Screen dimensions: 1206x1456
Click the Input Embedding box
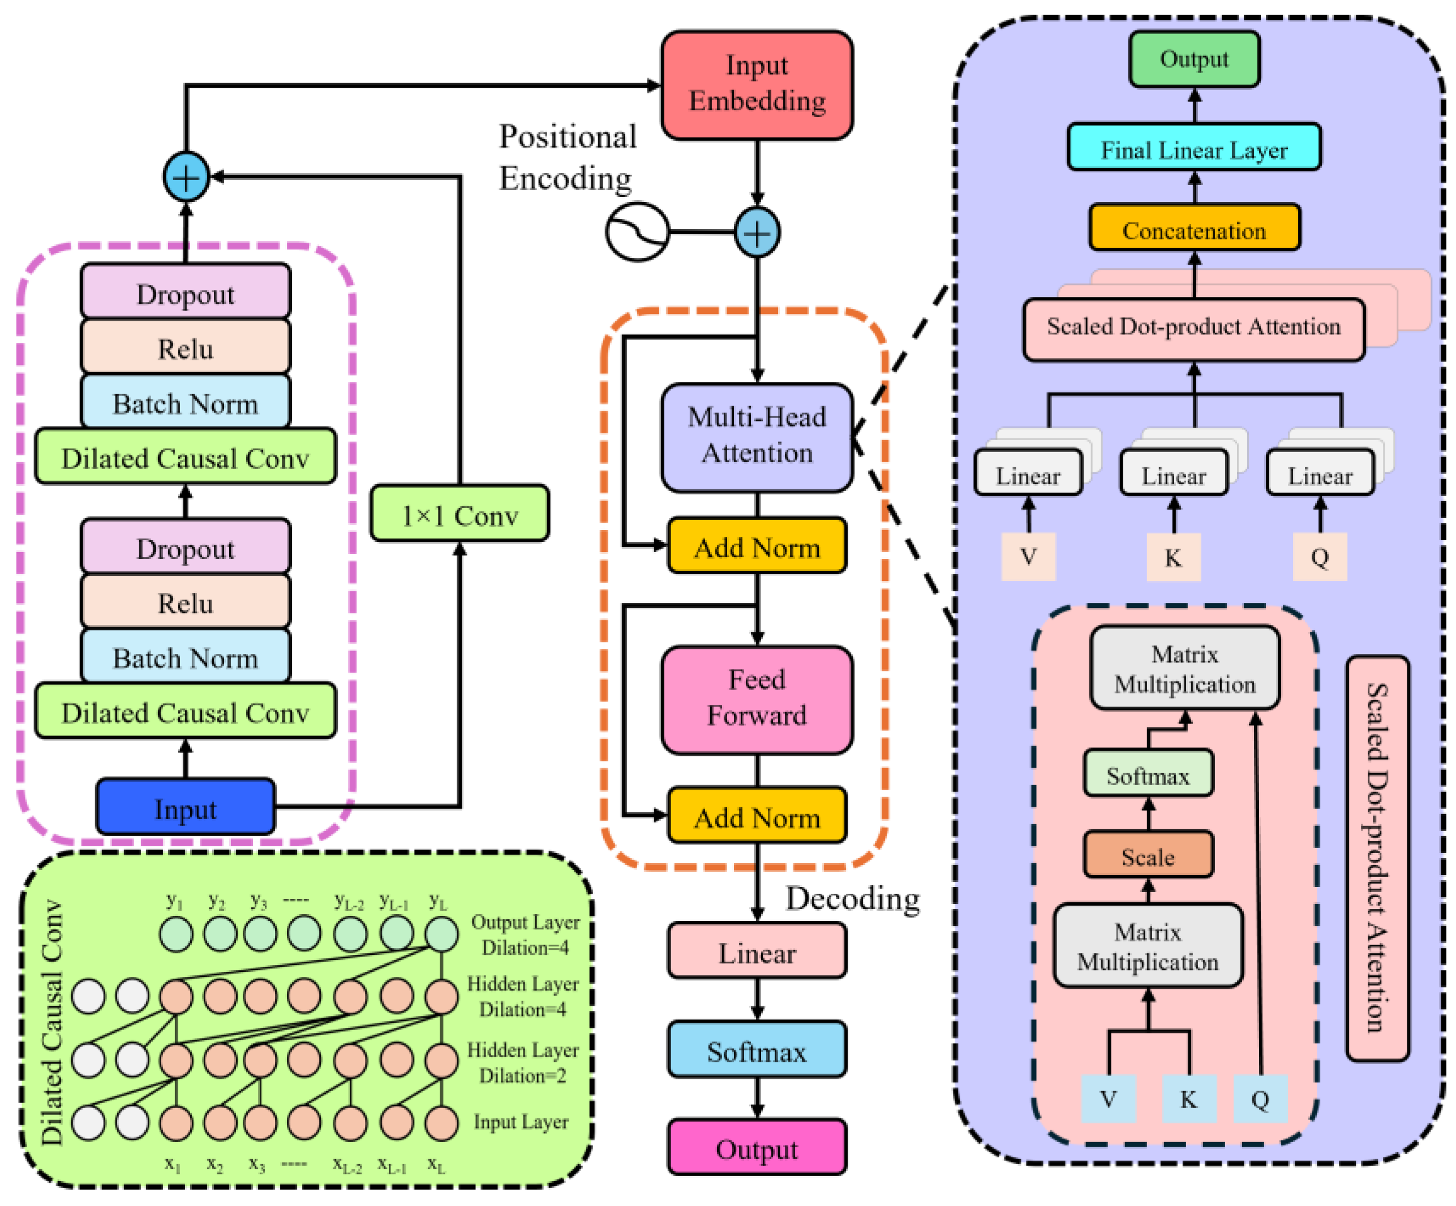click(x=757, y=84)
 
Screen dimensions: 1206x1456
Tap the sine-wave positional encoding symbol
click(x=637, y=231)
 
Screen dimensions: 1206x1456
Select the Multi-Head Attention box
click(x=757, y=437)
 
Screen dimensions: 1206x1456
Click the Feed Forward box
click(x=757, y=699)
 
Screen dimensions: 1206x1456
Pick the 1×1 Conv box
click(x=459, y=514)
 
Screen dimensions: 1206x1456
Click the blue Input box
click(x=185, y=807)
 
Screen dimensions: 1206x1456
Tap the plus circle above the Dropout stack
click(x=186, y=176)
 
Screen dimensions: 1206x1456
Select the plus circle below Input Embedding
click(x=757, y=233)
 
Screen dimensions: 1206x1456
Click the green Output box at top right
click(x=1193, y=59)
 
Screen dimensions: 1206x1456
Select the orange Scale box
click(x=1148, y=856)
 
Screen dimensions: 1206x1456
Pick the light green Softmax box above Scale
click(x=1148, y=774)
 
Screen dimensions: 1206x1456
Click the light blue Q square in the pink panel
click(x=1259, y=1099)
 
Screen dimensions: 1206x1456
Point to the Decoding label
click(x=852, y=898)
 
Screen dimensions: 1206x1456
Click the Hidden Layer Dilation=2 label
click(x=522, y=1062)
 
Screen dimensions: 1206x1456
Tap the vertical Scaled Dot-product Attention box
click(x=1376, y=858)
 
